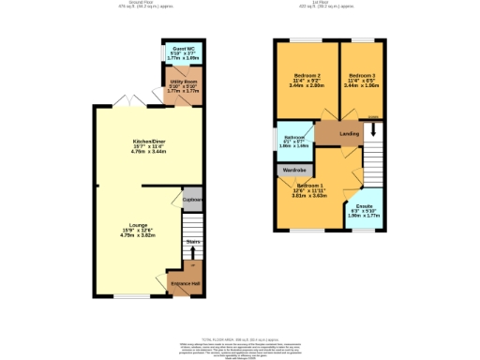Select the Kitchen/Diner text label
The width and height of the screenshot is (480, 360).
pyautogui.click(x=147, y=142)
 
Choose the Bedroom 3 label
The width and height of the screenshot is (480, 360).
pyautogui.click(x=362, y=75)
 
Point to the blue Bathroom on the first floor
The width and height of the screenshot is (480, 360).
pyautogui.click(x=293, y=141)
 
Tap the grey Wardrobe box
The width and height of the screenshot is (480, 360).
pyautogui.click(x=292, y=171)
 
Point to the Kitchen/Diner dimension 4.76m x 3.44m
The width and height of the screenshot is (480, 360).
pyautogui.click(x=147, y=154)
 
